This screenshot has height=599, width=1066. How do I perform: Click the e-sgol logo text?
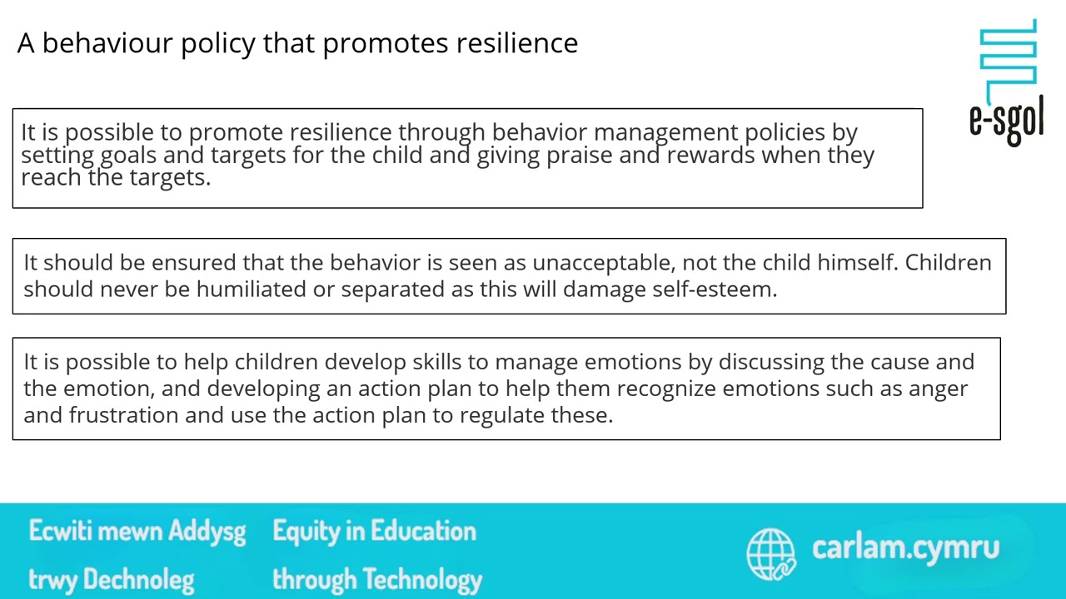coord(1006,120)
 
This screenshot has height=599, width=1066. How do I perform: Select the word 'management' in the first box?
coord(665,132)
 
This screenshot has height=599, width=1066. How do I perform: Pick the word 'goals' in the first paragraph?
coord(128,156)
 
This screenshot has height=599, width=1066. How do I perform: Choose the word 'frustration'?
coord(123,415)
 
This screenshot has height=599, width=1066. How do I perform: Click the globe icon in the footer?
coord(771,553)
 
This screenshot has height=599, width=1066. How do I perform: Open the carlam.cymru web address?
coord(905,547)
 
